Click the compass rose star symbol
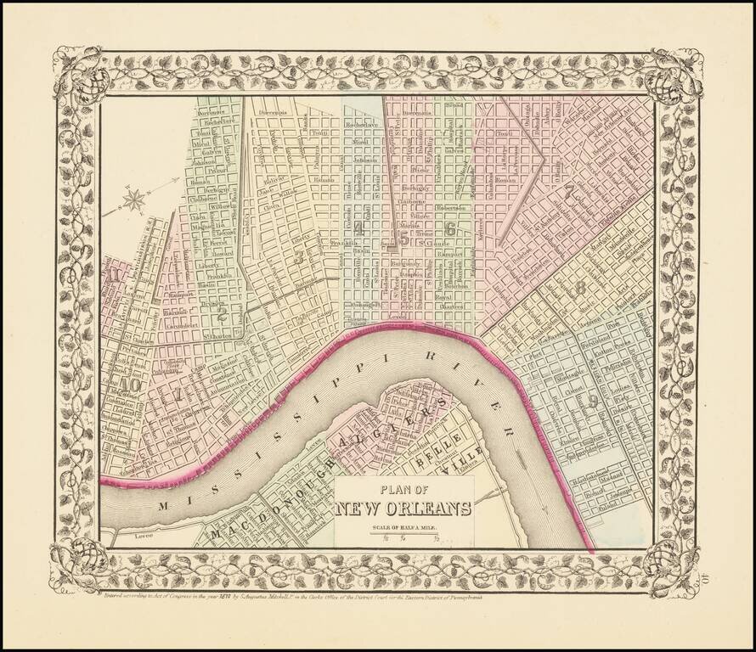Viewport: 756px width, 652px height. point(134,200)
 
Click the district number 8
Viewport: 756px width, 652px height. point(581,288)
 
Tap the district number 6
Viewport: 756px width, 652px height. point(449,228)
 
